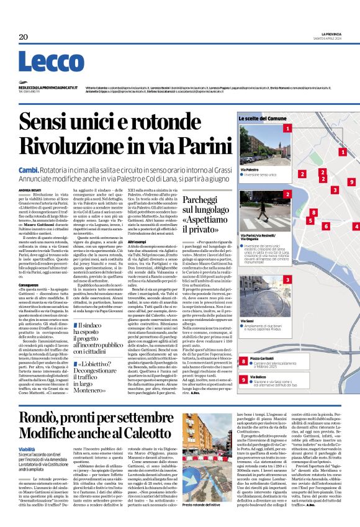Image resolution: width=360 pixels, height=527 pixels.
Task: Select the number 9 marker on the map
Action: coord(351,182)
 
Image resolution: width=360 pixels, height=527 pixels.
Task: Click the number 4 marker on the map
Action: coord(356,227)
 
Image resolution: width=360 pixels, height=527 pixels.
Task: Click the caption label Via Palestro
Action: coord(249,169)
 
